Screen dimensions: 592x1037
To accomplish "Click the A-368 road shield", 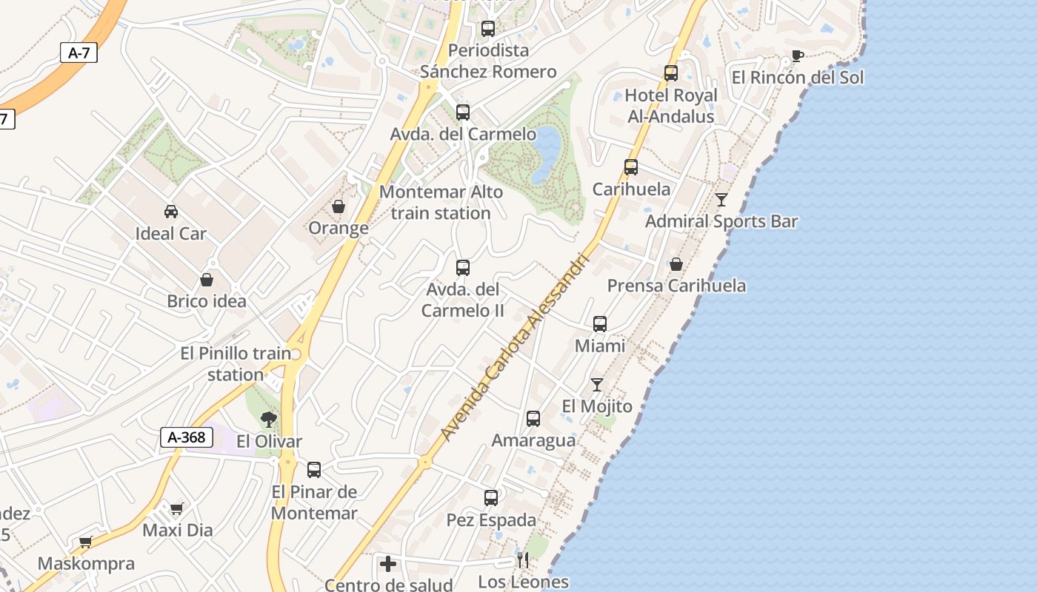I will [x=187, y=437].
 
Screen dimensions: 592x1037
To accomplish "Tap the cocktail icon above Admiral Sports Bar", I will [x=721, y=200].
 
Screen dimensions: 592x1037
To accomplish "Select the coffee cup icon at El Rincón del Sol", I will [x=797, y=56].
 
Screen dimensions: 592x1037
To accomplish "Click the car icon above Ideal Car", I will [x=171, y=212].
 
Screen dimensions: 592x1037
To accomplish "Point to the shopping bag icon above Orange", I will [x=339, y=206].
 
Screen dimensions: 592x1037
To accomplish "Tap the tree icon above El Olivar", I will [x=269, y=420].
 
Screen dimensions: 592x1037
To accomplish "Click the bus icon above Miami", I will [x=600, y=324].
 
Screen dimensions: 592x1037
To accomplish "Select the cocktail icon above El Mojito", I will [x=597, y=385].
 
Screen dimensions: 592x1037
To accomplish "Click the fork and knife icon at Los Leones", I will [x=523, y=560].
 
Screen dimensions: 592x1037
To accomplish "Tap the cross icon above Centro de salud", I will [x=388, y=564].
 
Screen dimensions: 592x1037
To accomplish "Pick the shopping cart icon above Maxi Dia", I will [x=176, y=508].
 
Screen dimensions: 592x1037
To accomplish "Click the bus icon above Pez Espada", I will [x=491, y=498].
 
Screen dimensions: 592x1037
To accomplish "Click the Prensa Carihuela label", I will [x=676, y=286].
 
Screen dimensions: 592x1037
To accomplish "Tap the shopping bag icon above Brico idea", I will [x=207, y=280].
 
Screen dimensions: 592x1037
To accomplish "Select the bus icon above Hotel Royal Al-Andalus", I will [x=671, y=73].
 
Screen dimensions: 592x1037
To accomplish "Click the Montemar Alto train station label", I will [x=441, y=202].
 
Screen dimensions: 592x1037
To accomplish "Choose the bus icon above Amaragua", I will [x=533, y=419].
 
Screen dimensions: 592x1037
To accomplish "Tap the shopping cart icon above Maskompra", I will [x=85, y=542].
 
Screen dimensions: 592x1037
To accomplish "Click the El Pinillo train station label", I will [x=236, y=363].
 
